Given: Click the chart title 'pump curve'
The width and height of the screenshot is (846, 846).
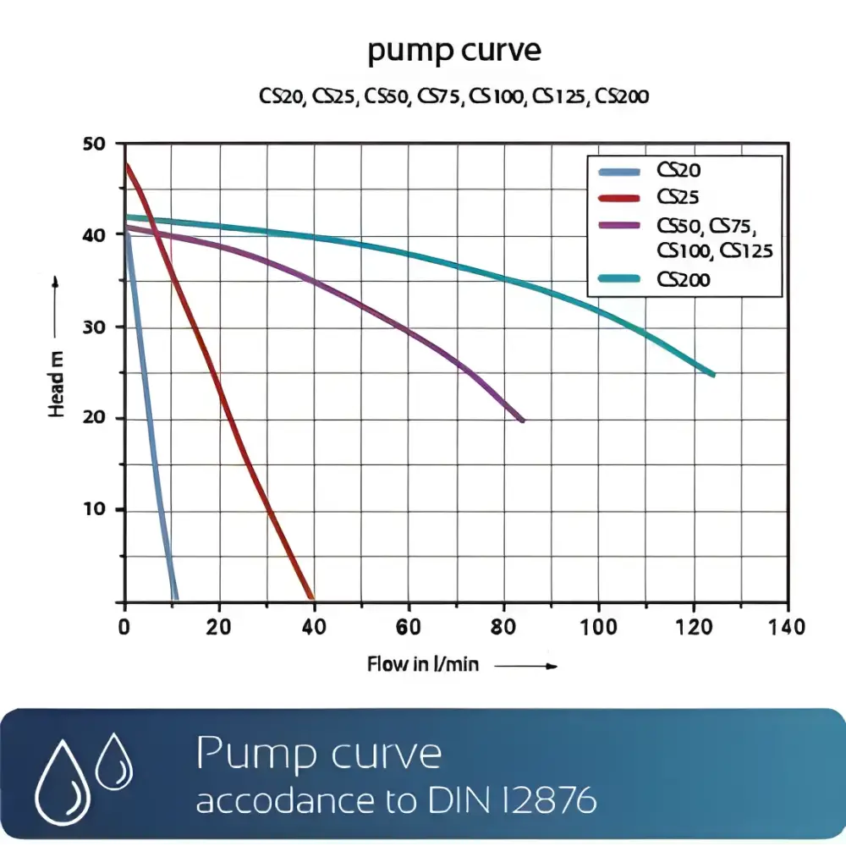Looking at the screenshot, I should [x=453, y=52].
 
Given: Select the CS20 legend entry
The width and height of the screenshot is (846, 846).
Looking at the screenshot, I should [x=679, y=171].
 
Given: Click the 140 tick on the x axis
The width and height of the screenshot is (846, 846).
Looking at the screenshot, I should [x=788, y=628].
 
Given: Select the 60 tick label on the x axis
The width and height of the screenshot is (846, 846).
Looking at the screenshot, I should [x=409, y=628].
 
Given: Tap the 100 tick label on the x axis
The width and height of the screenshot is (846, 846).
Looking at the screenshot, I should [x=599, y=628].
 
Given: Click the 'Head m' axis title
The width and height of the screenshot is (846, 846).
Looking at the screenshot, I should [x=57, y=384].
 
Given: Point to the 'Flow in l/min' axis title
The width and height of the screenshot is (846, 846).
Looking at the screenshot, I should [x=423, y=665].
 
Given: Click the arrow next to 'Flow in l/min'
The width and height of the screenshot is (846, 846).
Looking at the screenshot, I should [x=525, y=667].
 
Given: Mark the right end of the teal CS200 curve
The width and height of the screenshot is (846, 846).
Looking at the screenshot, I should [x=713, y=374].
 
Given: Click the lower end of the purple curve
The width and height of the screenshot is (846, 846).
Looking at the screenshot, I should [x=522, y=420].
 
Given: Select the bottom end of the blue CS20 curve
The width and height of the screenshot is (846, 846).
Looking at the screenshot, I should [x=175, y=598].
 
